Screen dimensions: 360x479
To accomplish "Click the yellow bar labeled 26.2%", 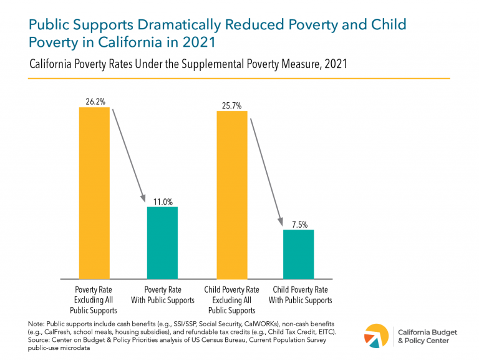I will pyautogui.click(x=94, y=193).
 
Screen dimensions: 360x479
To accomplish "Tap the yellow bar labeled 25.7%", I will pyautogui.click(x=231, y=194).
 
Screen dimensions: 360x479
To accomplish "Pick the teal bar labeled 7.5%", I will pyautogui.click(x=298, y=253).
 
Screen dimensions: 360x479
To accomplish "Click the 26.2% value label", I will pyautogui.click(x=94, y=101).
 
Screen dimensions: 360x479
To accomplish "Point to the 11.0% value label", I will pyautogui.click(x=162, y=200).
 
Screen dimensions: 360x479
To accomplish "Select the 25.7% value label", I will pyautogui.click(x=231, y=105).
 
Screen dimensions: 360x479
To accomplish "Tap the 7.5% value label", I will pyautogui.click(x=298, y=223).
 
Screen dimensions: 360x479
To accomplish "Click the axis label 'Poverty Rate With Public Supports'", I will pyautogui.click(x=162, y=295).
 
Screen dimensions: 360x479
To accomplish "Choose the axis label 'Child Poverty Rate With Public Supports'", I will pyautogui.click(x=299, y=295).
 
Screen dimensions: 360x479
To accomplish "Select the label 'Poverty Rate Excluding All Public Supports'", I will pyautogui.click(x=94, y=300).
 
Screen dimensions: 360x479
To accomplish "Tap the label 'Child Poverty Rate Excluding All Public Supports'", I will pyautogui.click(x=231, y=300).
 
